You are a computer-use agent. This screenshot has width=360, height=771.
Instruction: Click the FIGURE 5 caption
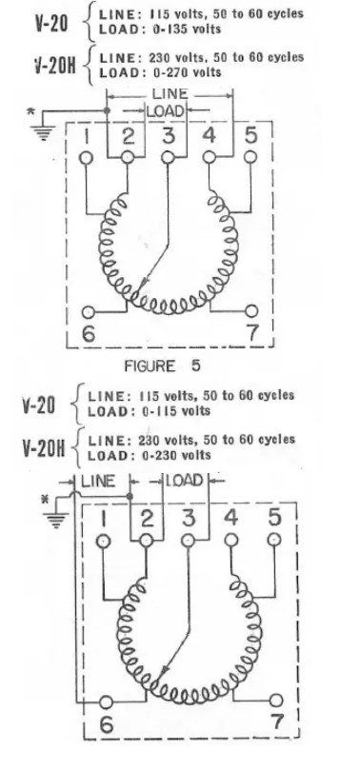(x=162, y=366)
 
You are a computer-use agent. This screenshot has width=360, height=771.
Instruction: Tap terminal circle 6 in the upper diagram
(x=88, y=312)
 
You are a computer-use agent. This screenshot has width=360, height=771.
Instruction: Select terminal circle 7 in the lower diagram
(x=276, y=701)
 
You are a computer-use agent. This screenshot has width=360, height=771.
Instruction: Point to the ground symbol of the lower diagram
(x=55, y=519)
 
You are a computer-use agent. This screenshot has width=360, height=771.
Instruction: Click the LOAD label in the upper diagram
(x=166, y=111)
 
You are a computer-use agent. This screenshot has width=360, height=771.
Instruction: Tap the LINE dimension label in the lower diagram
(x=98, y=481)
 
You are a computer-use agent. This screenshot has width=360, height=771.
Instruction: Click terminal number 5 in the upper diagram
(x=250, y=136)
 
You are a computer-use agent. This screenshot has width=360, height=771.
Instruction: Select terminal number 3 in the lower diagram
(x=189, y=518)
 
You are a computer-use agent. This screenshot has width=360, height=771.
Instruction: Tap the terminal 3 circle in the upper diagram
(x=168, y=157)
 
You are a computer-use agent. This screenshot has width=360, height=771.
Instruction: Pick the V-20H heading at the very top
(x=55, y=66)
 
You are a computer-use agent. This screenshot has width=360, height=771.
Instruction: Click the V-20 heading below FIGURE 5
(x=38, y=405)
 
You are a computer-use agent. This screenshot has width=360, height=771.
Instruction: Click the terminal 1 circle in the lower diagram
(x=103, y=541)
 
